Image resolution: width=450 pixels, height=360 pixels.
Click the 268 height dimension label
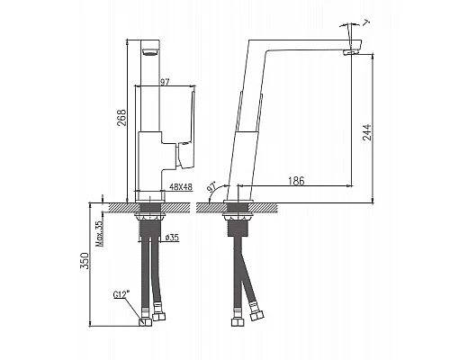(121, 117)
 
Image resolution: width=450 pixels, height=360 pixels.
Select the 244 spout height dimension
(366, 132)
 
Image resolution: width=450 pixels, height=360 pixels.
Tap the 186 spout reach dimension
(296, 181)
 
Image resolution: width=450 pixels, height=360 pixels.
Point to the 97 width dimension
(165, 82)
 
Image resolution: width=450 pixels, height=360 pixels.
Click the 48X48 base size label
(181, 187)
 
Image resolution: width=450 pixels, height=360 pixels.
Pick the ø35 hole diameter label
(172, 238)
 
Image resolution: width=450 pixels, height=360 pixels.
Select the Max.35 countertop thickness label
(99, 233)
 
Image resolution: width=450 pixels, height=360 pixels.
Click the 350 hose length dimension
(85, 261)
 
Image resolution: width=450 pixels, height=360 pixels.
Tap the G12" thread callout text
(121, 295)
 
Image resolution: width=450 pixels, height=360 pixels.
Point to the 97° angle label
(211, 187)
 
